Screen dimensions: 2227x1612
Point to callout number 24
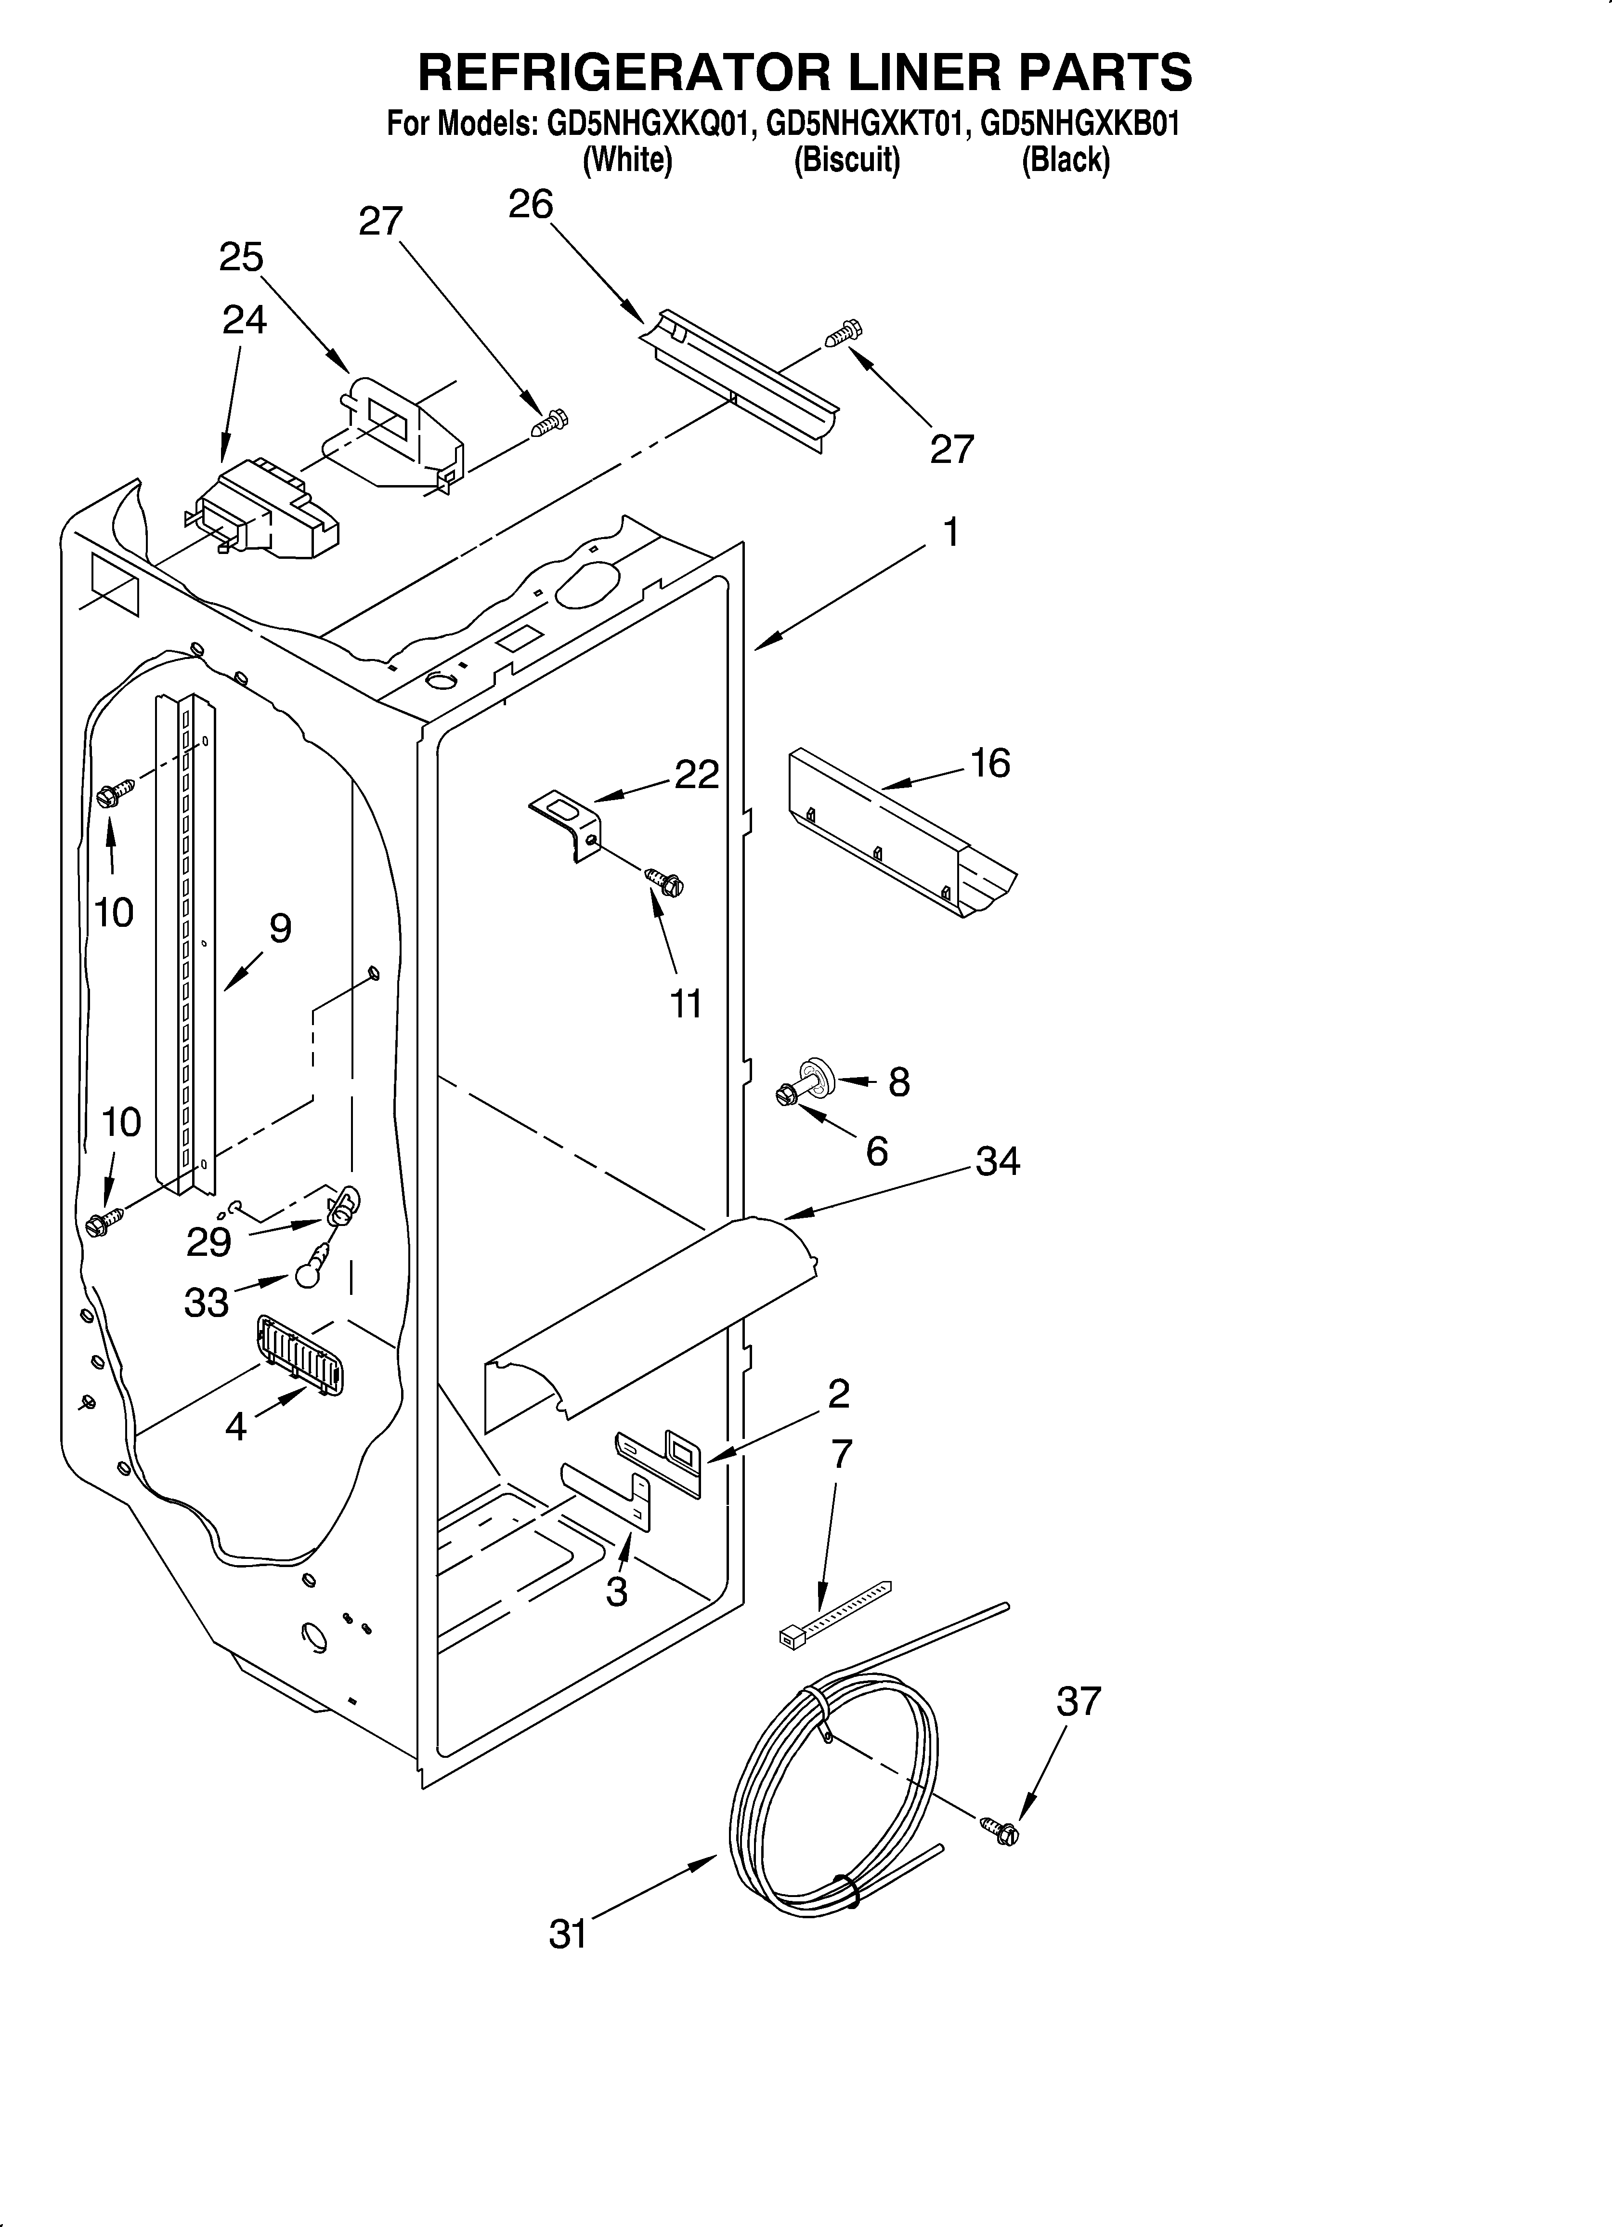[244, 320]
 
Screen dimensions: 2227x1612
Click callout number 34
[998, 1161]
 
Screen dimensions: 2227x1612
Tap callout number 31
[568, 1935]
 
